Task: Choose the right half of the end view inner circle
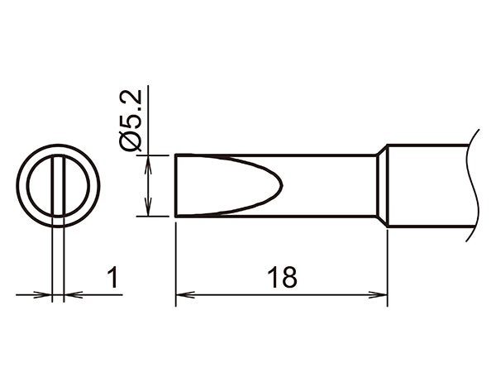[x=74, y=185]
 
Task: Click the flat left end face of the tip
[x=176, y=185]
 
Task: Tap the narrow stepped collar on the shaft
[x=383, y=185]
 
